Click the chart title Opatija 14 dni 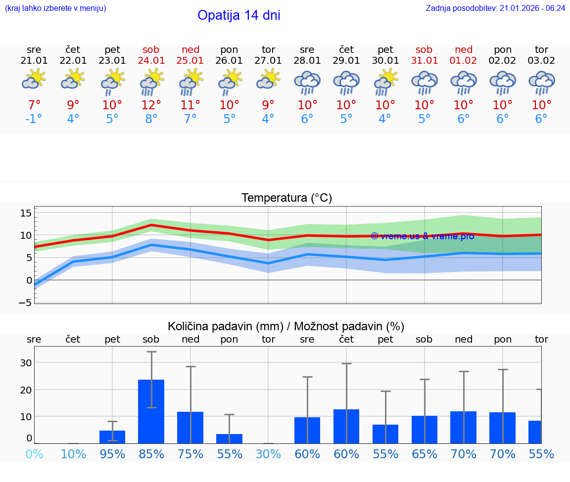pos(238,15)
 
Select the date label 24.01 pos(151,61)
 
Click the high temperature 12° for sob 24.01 pos(151,105)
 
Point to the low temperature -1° pos(34,119)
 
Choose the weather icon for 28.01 pos(307,82)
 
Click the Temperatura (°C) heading pos(286,198)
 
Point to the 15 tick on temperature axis pos(26,213)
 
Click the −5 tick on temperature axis pos(25,303)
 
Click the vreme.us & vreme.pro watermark pos(422,236)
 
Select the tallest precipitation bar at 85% pos(151,411)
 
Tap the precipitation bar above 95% pos(112,437)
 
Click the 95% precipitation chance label pos(112,454)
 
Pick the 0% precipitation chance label pos(34,454)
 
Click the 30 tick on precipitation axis pos(26,362)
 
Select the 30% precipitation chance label pos(268,454)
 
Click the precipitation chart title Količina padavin pos(286,326)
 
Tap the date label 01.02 pos(463,61)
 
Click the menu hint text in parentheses pos(55,8)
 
